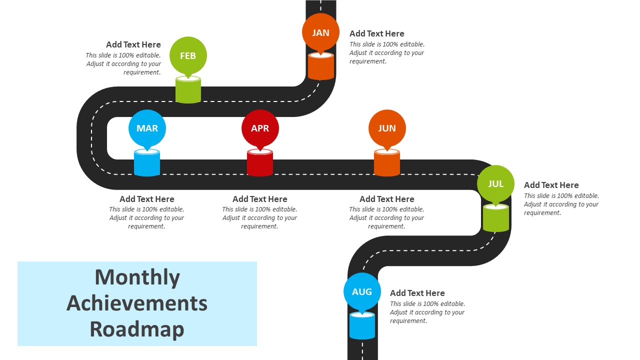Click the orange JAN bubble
[320, 32]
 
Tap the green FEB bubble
[188, 55]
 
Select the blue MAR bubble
[147, 128]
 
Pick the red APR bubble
[260, 128]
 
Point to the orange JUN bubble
[387, 128]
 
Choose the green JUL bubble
[495, 183]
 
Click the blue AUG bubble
[362, 291]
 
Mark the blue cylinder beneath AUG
[362, 326]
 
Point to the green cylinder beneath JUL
[496, 218]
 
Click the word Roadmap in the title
[137, 329]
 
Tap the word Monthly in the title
[137, 277]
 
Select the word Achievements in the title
[137, 303]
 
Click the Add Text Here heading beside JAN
[376, 33]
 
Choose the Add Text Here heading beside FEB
[133, 44]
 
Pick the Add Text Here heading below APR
[260, 199]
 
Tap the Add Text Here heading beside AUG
[417, 293]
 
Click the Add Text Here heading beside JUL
[551, 185]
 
